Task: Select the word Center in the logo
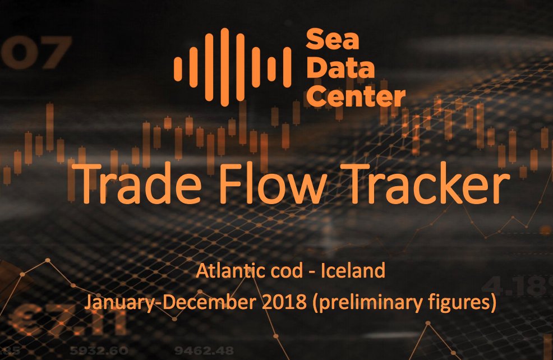click(x=356, y=96)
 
